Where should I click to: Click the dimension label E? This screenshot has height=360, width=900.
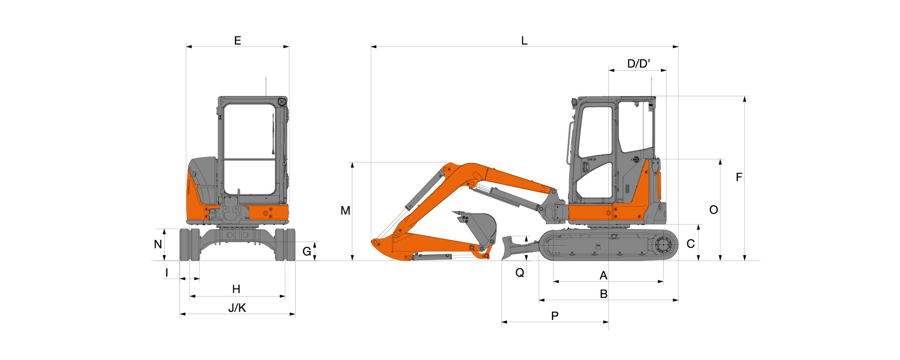tap(238, 41)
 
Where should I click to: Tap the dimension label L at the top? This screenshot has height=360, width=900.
tap(524, 41)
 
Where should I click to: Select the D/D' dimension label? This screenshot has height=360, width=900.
tap(639, 64)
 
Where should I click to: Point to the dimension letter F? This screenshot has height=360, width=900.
tap(739, 178)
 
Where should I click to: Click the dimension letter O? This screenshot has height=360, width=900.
tap(714, 210)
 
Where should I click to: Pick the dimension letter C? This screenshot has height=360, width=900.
tap(691, 244)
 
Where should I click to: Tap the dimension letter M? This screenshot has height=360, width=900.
tap(345, 211)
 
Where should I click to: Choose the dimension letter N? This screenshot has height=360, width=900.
tap(158, 244)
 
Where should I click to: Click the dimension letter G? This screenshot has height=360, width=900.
tap(306, 252)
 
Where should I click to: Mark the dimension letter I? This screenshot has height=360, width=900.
tap(167, 273)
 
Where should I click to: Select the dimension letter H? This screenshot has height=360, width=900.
tap(236, 289)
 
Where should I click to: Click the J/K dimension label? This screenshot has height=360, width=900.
tap(237, 308)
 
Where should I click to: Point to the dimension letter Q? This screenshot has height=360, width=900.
tap(520, 273)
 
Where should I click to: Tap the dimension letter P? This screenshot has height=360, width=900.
tap(555, 316)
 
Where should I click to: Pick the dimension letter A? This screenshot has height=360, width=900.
tap(603, 275)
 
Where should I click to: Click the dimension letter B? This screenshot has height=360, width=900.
tap(604, 294)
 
